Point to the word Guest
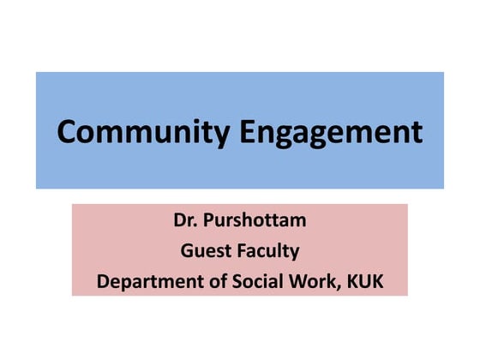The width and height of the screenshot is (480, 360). tap(201, 250)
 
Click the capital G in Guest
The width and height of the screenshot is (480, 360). tap(185, 250)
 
